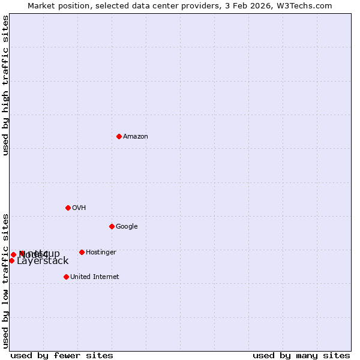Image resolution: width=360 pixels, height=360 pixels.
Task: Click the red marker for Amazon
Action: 119,136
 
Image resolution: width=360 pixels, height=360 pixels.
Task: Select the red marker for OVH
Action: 68,208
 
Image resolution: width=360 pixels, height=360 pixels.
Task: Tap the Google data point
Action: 112,226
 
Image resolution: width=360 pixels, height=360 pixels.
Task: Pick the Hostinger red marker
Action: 82,252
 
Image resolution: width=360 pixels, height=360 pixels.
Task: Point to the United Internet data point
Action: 66,277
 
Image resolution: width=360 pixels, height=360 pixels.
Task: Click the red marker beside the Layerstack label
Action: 11,260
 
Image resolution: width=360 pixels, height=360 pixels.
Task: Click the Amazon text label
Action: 136,137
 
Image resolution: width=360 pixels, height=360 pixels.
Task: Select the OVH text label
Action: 79,208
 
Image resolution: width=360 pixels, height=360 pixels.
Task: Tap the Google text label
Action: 127,227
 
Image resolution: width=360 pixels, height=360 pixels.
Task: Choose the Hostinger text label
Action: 101,253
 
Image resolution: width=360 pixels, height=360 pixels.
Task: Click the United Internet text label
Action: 94,277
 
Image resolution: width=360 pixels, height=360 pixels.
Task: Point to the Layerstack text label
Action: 43,261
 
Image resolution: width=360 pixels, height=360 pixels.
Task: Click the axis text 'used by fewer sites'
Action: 62,355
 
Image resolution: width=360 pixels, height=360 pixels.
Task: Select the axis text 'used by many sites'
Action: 301,355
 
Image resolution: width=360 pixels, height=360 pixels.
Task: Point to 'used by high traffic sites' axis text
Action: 5,85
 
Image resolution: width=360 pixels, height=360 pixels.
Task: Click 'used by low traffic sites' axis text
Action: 5,281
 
